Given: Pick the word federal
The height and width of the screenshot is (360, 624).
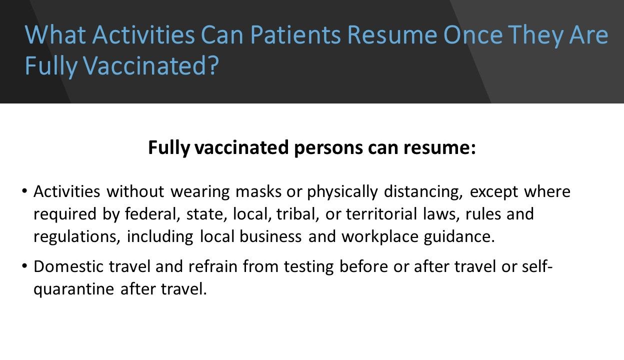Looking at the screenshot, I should point(153,214).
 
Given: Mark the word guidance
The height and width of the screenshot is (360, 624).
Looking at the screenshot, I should point(458,236).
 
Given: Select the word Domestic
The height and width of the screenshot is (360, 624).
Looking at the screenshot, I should point(67,266).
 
